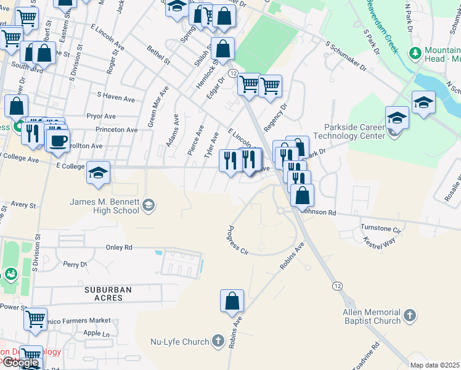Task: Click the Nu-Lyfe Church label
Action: click(x=180, y=341)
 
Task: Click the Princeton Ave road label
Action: click(x=116, y=130)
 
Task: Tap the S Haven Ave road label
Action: click(x=116, y=97)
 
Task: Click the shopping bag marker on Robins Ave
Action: click(x=232, y=302)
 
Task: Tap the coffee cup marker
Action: click(x=59, y=140)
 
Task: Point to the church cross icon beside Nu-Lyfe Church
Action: click(x=217, y=341)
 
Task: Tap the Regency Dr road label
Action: click(x=275, y=115)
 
